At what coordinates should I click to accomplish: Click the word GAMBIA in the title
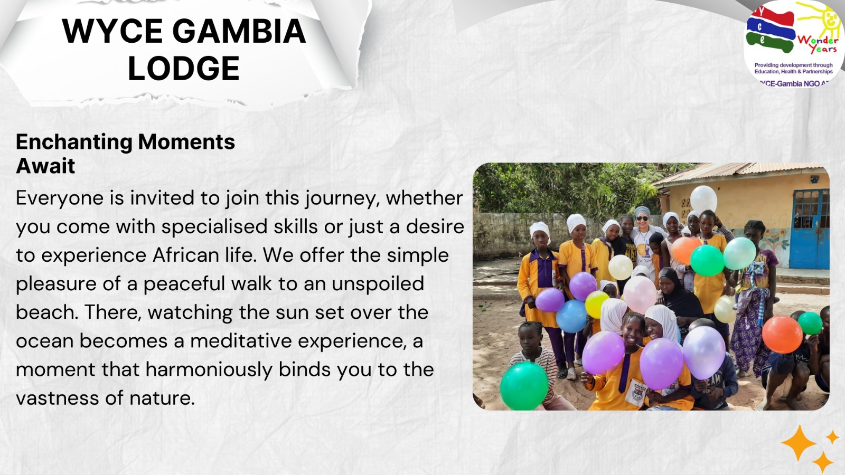tap(239, 31)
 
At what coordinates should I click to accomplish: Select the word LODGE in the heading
tap(184, 68)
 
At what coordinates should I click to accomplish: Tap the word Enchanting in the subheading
tap(74, 142)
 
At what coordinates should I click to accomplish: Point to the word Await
tap(45, 166)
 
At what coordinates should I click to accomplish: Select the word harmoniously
tap(209, 370)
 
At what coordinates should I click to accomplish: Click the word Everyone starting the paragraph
tap(60, 198)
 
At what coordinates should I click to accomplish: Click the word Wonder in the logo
tap(818, 40)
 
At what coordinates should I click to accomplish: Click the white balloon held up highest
tap(703, 199)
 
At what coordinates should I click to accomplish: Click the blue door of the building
tap(809, 229)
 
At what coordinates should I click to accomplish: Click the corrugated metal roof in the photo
tap(739, 172)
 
